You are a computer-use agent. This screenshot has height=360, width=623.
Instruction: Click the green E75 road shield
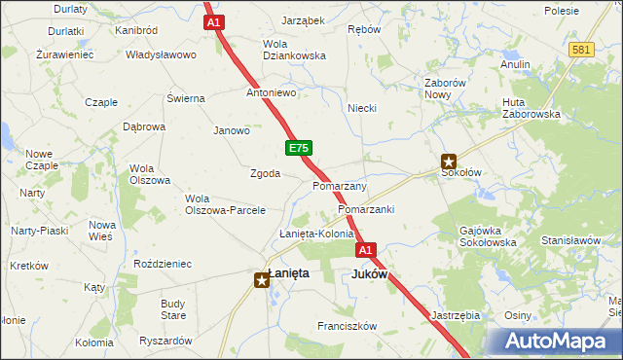tap(299, 148)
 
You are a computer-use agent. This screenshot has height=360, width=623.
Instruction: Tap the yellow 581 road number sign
tap(582, 50)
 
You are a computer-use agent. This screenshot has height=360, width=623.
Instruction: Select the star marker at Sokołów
tap(449, 162)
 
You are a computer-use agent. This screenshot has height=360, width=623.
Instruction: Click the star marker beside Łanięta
tap(262, 280)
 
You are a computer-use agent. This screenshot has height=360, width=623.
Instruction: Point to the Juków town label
tap(369, 274)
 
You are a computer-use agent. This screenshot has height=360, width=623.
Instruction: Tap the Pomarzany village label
tap(340, 186)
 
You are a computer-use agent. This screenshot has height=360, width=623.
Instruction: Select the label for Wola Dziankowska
tap(294, 50)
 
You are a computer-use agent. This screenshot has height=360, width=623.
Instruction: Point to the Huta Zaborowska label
tap(531, 108)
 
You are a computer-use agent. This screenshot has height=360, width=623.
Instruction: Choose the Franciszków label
tap(347, 327)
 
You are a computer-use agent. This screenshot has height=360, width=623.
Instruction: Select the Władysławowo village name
tap(161, 54)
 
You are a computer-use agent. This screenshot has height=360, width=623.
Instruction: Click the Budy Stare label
tap(173, 309)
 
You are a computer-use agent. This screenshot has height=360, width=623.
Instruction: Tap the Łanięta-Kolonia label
tap(316, 234)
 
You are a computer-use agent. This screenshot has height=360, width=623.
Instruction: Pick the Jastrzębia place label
tap(455, 315)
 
